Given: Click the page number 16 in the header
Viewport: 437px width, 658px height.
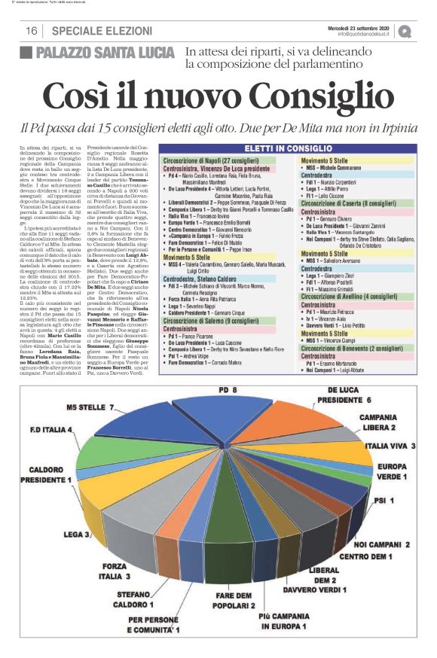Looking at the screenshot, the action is [x=32, y=30].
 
